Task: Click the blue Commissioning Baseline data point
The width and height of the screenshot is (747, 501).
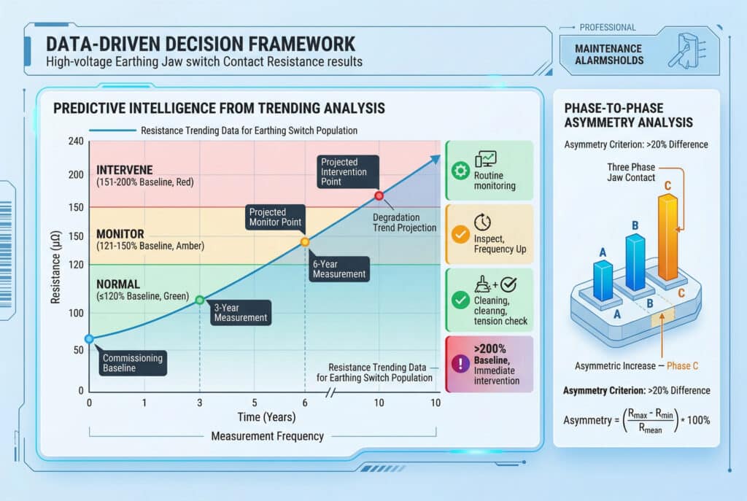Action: [x=89, y=339]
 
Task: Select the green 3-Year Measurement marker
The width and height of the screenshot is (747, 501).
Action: [x=200, y=300]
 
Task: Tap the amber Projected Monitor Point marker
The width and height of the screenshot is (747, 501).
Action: [x=305, y=242]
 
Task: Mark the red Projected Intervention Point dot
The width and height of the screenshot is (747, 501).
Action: [x=379, y=195]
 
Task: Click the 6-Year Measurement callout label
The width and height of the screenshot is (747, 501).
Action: [x=338, y=269]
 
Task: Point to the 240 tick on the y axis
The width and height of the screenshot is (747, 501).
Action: [x=76, y=141]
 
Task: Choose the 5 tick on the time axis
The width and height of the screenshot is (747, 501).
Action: [x=255, y=403]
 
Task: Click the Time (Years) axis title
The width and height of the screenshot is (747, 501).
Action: [x=266, y=417]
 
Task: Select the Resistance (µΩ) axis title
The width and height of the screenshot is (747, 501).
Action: [x=55, y=267]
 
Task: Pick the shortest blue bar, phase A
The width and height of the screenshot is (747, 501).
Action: [x=603, y=281]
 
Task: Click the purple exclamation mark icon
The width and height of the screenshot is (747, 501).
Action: [x=460, y=364]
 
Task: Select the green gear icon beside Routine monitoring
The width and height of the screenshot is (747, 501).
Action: [x=460, y=171]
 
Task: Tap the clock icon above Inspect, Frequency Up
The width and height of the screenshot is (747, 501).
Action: [x=482, y=222]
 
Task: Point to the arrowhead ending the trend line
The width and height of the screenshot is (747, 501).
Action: [x=436, y=159]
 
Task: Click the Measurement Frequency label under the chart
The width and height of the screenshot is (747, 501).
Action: [x=267, y=436]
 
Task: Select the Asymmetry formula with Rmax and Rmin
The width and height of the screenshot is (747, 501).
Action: [x=636, y=421]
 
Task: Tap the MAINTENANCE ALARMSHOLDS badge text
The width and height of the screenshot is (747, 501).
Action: [x=609, y=54]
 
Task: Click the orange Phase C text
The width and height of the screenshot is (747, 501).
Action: [x=682, y=366]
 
